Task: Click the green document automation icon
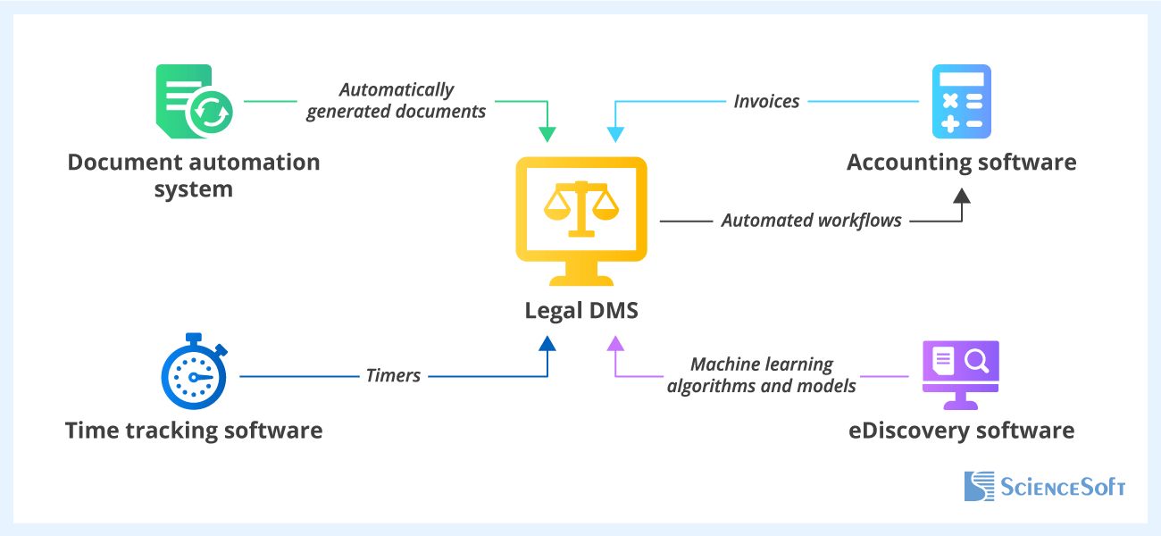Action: tap(194, 101)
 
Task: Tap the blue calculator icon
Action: tap(961, 101)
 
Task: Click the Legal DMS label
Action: tap(581, 311)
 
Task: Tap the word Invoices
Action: tap(766, 101)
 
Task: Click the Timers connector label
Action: tap(393, 375)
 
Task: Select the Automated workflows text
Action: tap(811, 220)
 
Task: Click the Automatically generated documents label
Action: tap(396, 100)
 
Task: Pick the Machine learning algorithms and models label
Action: tap(761, 375)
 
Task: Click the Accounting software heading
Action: tap(961, 163)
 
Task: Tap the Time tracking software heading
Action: tap(194, 431)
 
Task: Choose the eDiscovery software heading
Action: tap(961, 431)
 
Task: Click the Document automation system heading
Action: tap(194, 175)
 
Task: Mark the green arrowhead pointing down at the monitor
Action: tap(547, 134)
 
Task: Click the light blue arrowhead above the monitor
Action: tap(615, 134)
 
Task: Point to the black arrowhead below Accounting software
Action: tap(961, 195)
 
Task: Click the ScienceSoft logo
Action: tap(1044, 486)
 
